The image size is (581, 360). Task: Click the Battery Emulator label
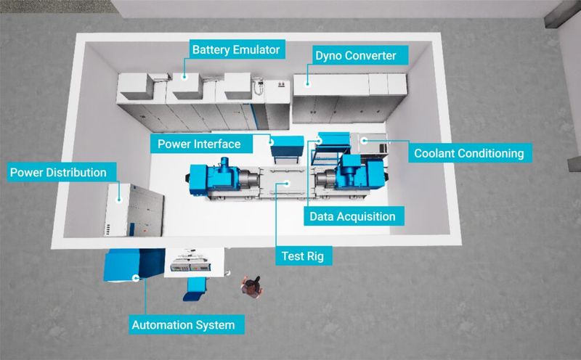click(235, 50)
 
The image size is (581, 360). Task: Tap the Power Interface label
click(198, 144)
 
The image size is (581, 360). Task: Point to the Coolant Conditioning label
click(468, 153)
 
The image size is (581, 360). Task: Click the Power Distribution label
click(57, 173)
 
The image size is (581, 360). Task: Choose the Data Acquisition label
click(352, 216)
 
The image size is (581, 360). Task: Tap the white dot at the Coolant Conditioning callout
click(364, 139)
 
